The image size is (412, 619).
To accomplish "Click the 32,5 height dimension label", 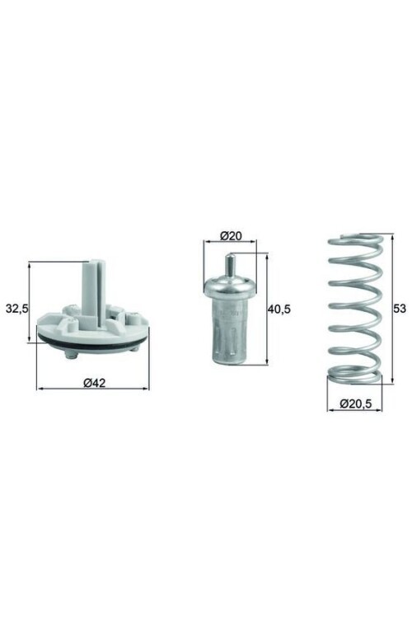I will pos(17,309).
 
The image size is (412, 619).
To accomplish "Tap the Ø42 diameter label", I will pos(92,382).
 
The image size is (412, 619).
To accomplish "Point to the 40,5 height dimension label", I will pos(280,309).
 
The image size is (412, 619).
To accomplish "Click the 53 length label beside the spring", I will pos(400,309).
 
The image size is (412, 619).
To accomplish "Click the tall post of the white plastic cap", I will pos(93,285).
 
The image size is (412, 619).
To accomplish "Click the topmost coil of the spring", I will pos(355,242).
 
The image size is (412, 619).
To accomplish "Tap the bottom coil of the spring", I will pos(355,378).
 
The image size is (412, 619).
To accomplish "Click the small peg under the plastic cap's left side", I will pos(70,355).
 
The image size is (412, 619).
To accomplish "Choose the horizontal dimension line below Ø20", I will pos(230,243).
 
